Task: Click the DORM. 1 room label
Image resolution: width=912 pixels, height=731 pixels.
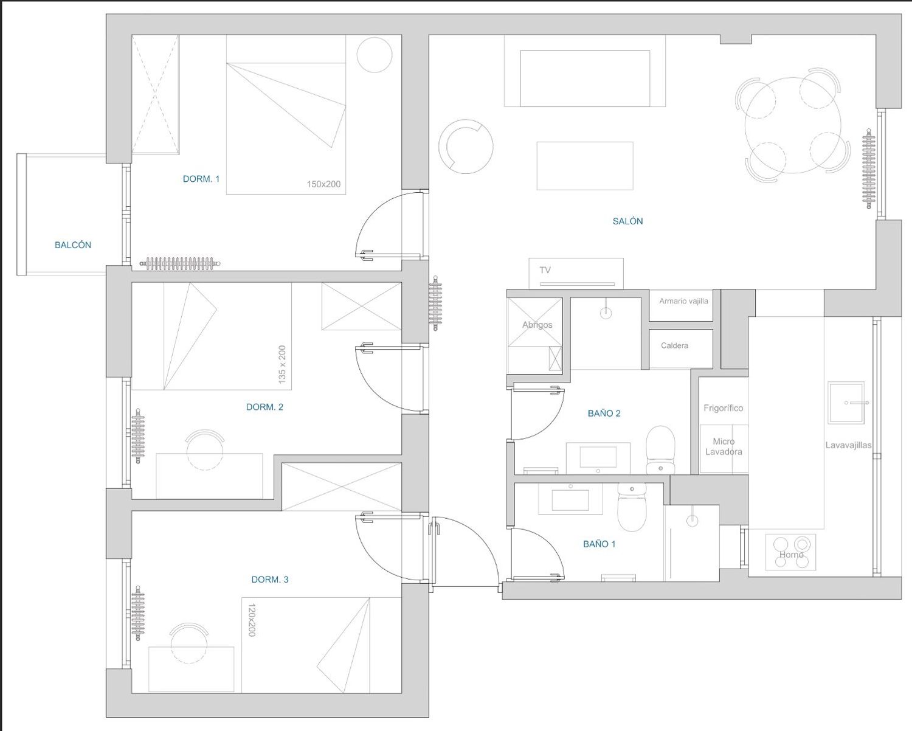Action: tap(201, 179)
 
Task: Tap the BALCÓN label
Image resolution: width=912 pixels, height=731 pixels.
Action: tap(73, 244)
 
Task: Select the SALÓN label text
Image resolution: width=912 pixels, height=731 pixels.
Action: tap(627, 221)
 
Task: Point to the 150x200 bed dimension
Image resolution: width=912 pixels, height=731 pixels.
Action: tap(324, 184)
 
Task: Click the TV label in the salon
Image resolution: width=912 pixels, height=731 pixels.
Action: tap(545, 270)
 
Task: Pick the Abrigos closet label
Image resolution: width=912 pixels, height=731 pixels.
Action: tap(537, 325)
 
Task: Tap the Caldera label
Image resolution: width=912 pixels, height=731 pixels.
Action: tap(674, 345)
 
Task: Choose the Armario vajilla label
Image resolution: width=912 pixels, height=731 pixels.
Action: tap(683, 301)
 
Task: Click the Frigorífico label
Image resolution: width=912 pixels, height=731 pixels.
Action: tap(724, 408)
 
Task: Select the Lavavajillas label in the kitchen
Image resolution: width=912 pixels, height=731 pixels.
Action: tap(848, 445)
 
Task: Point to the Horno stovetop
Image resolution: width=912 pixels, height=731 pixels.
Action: tap(791, 552)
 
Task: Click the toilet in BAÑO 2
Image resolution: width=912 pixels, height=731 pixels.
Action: tap(660, 450)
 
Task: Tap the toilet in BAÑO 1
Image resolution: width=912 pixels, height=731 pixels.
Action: tap(632, 507)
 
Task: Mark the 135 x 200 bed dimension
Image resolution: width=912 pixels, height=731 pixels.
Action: tap(282, 365)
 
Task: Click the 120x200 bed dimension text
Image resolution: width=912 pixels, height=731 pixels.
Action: tap(252, 620)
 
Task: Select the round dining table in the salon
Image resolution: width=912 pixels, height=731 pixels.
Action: tap(793, 125)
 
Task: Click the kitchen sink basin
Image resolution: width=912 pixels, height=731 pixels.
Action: tap(846, 403)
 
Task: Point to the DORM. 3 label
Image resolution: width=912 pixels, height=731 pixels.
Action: tap(270, 580)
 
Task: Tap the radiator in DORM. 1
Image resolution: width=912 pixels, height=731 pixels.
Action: tap(180, 263)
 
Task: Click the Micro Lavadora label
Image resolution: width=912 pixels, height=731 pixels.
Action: tap(724, 446)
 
